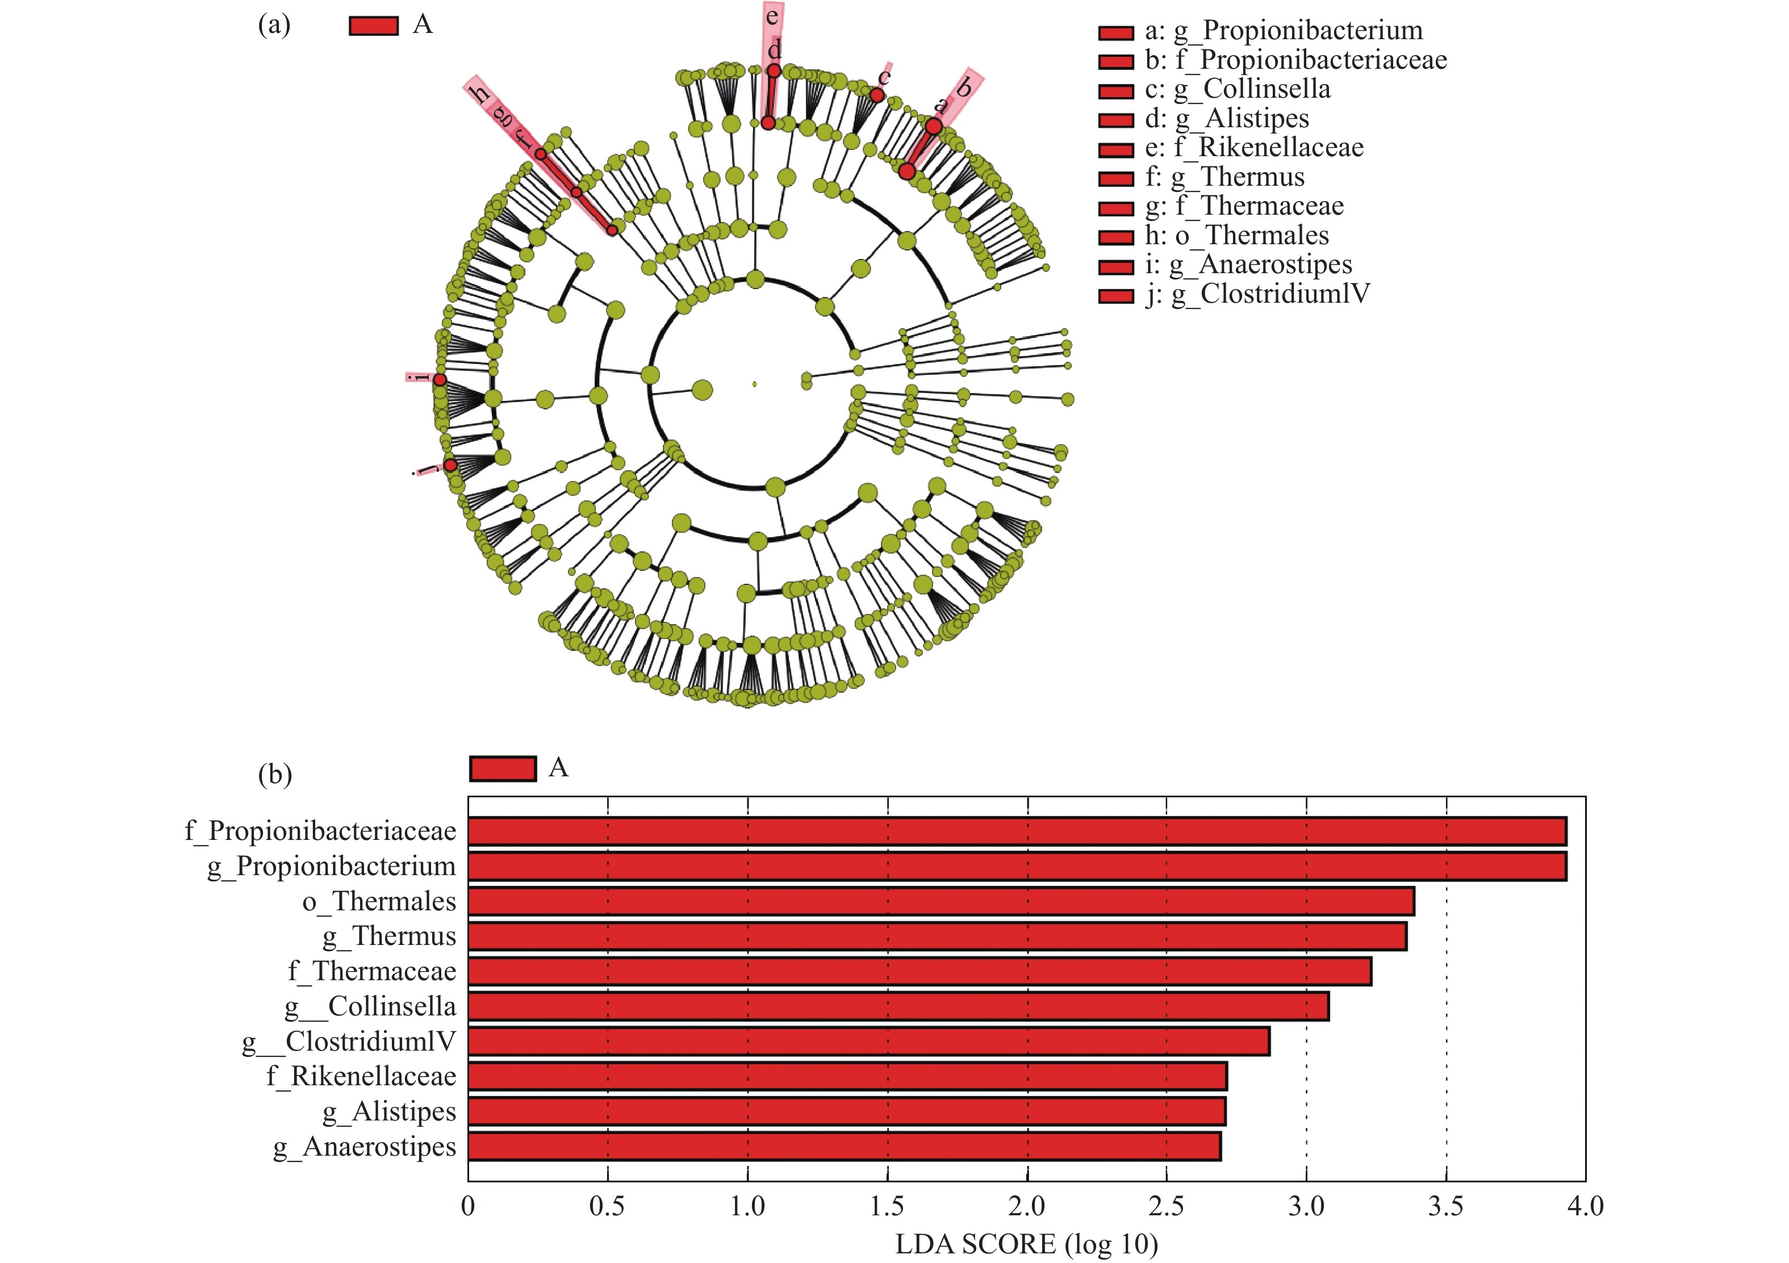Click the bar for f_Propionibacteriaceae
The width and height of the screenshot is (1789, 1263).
pyautogui.click(x=1016, y=831)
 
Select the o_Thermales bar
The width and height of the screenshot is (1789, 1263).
pyautogui.click(x=941, y=901)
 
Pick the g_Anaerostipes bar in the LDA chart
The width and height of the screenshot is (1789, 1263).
pyautogui.click(x=844, y=1147)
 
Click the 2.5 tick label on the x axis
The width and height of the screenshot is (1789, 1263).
pyautogui.click(x=1167, y=1206)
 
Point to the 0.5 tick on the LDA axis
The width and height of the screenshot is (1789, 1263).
pyautogui.click(x=607, y=1206)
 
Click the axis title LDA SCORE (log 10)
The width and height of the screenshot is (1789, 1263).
pyautogui.click(x=1026, y=1244)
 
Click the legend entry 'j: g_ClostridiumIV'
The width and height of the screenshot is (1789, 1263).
pyautogui.click(x=1257, y=295)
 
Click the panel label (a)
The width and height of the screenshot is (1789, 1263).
pyautogui.click(x=274, y=25)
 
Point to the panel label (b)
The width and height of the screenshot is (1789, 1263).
pyautogui.click(x=274, y=775)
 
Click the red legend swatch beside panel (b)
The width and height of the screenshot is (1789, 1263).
pyautogui.click(x=503, y=768)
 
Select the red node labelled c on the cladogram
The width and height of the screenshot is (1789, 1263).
pyautogui.click(x=876, y=95)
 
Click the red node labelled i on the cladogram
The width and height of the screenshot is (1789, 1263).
pyautogui.click(x=440, y=379)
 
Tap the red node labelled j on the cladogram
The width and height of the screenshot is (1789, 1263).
pyautogui.click(x=450, y=465)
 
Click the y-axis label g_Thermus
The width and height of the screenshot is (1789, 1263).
pyautogui.click(x=390, y=936)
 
